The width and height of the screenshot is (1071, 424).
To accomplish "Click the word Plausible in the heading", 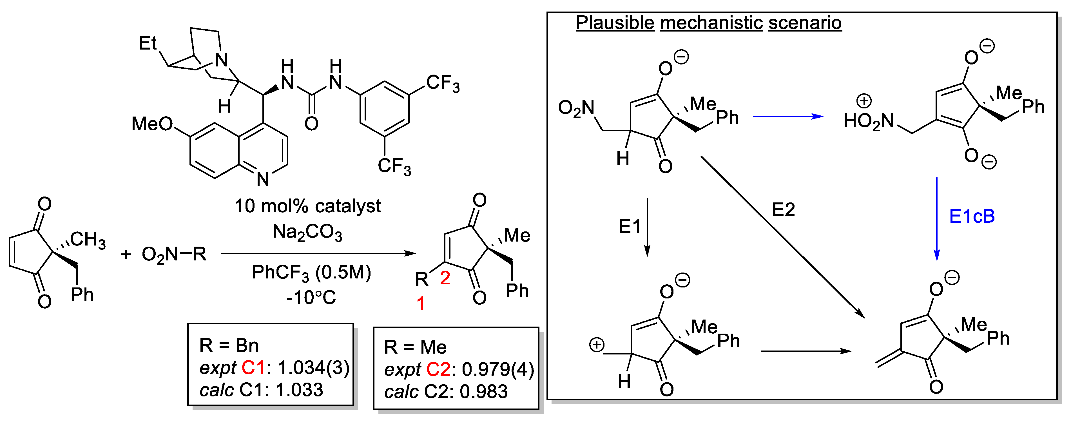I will coord(615,23).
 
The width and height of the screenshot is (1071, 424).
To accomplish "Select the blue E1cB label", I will coord(972,217).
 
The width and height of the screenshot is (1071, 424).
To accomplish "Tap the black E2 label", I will coord(783,210).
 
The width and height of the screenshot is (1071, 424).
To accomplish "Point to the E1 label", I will coord(630,227).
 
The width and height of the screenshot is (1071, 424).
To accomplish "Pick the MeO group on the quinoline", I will coord(152,124).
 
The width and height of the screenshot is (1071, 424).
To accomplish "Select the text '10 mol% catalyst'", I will coord(308,206).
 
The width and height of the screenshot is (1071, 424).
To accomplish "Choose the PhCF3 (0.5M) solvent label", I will coord(311,273).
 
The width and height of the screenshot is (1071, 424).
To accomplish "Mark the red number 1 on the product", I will coord(421,304).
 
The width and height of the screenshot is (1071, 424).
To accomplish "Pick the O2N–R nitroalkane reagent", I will coord(174,254).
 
